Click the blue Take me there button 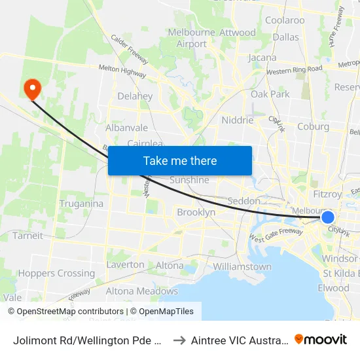click(180, 160)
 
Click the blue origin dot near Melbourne click(328, 217)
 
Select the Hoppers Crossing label click(56, 273)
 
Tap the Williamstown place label click(242, 266)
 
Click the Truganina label click(81, 203)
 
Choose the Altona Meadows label click(142, 291)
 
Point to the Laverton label click(125, 264)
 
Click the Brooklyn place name click(196, 212)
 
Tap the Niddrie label click(237, 120)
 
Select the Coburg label click(313, 126)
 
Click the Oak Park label click(270, 94)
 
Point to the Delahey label click(135, 96)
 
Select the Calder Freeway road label click(130, 49)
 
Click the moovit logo click(321, 339)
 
